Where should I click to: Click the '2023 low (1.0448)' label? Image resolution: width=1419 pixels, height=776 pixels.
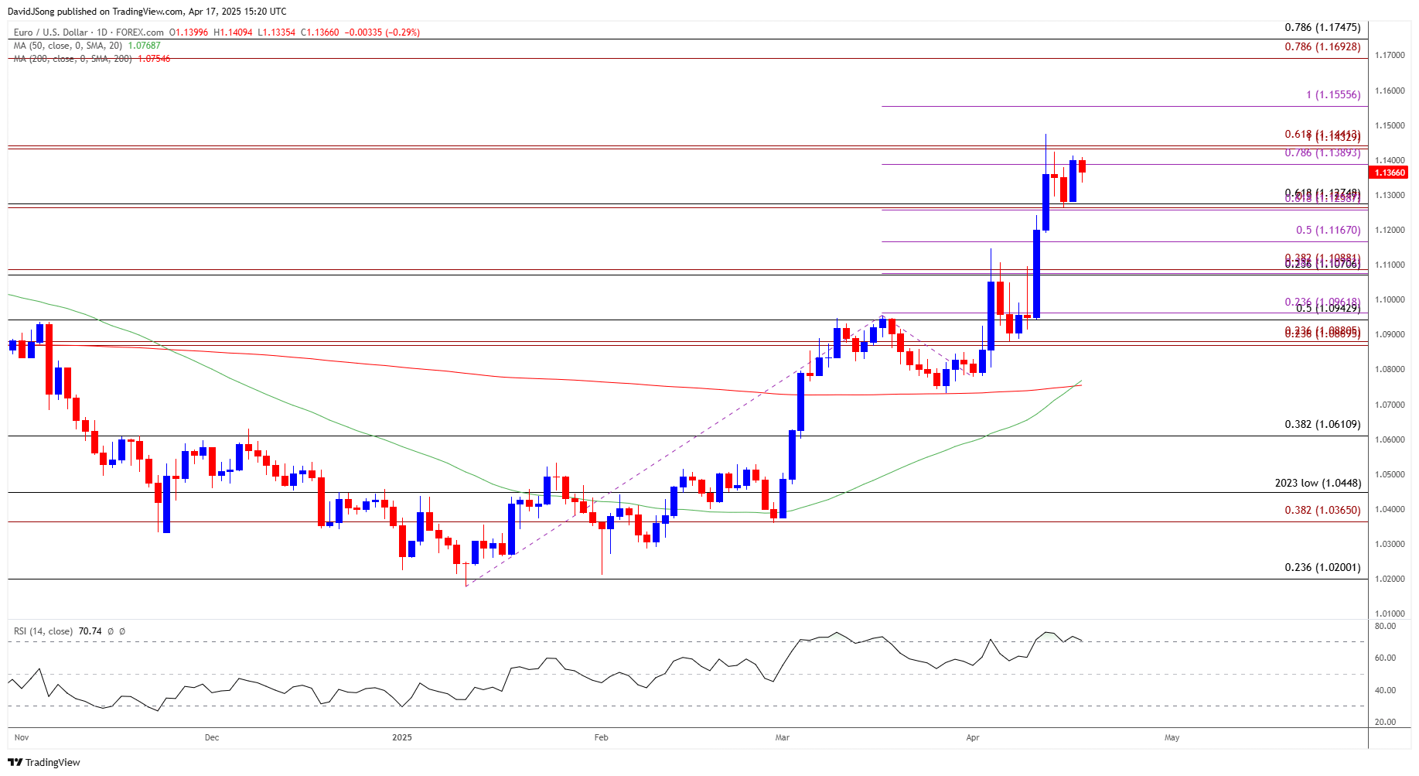pos(1318,483)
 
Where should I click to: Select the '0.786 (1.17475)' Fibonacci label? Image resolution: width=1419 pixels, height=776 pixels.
pos(1322,28)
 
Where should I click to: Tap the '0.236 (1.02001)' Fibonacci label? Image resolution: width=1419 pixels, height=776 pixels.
pos(1322,567)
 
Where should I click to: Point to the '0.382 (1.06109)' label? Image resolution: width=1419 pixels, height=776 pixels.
pos(1322,424)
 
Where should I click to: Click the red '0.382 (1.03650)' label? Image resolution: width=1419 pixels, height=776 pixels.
pos(1322,510)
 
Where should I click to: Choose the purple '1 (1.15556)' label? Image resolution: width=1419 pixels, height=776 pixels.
pos(1333,94)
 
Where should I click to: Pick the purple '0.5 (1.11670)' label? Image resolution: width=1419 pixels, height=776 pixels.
pos(1328,230)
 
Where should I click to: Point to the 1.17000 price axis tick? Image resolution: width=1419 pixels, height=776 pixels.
pos(1390,55)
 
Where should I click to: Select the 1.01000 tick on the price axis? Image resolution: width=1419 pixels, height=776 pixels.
pos(1390,614)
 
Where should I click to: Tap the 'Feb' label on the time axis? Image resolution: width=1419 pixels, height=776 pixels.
pos(601,737)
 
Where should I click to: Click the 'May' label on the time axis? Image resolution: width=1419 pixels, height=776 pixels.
pos(1172,737)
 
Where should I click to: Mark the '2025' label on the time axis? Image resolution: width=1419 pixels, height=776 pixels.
pos(402,737)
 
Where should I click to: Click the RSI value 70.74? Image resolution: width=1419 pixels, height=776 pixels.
pos(90,631)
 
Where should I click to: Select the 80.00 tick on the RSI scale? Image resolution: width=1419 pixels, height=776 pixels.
pos(1385,626)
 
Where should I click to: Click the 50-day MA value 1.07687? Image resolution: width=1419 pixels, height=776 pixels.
pos(144,46)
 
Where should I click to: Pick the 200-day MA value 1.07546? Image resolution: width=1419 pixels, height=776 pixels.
pos(154,59)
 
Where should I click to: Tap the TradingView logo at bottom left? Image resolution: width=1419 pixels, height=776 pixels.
pos(44,762)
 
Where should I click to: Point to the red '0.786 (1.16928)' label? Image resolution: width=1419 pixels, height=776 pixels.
pos(1322,46)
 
